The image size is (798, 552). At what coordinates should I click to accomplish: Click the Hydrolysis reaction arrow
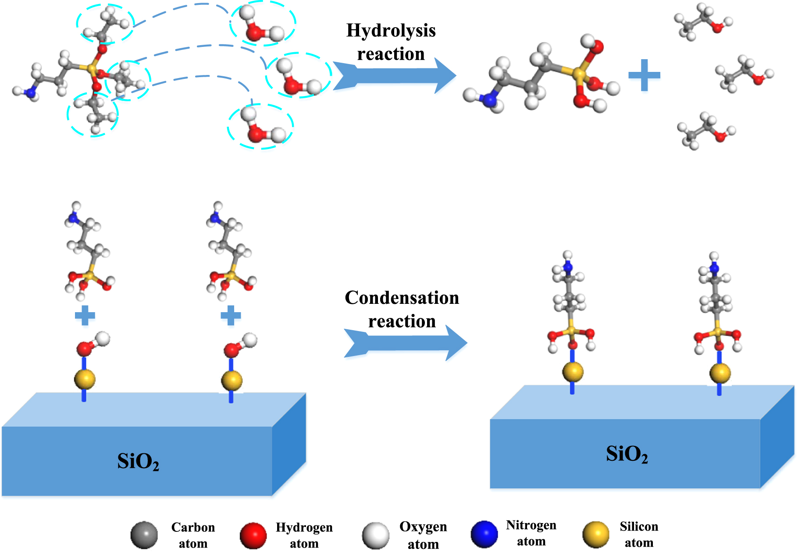[x=395, y=75]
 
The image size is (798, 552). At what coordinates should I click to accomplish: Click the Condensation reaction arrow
[x=406, y=343]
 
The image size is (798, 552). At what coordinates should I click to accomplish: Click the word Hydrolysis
[x=391, y=31]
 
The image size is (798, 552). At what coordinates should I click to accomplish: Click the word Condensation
[x=402, y=298]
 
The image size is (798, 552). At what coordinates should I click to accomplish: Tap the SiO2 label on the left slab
[x=138, y=462]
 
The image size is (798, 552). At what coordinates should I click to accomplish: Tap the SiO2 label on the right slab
[x=627, y=454]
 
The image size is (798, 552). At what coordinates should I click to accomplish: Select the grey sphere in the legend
[x=144, y=535]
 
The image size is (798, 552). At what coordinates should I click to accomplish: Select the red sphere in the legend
[x=253, y=535]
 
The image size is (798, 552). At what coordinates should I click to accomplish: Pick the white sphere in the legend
[x=376, y=535]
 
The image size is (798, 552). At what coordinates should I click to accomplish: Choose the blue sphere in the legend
[x=484, y=534]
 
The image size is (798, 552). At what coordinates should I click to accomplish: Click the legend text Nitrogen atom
[x=531, y=533]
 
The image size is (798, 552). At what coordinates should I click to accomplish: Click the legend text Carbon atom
[x=193, y=535]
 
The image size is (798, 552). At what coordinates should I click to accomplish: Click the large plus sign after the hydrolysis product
[x=644, y=75]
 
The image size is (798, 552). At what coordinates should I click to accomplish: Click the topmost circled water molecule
[x=262, y=24]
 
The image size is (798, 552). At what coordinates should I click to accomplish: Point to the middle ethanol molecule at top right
[x=744, y=74]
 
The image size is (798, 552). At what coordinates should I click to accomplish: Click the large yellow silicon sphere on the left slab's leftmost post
[x=85, y=379]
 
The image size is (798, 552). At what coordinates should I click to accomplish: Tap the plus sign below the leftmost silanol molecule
[x=85, y=315]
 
